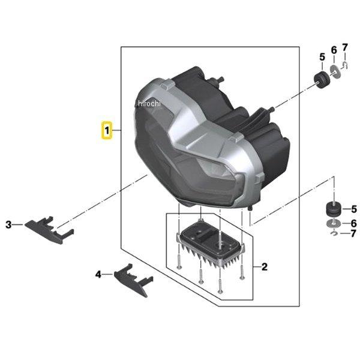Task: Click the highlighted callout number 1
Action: (x=107, y=131)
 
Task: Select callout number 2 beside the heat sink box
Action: (x=264, y=267)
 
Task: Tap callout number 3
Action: (x=8, y=224)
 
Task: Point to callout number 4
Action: (x=98, y=274)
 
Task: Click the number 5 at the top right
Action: (x=322, y=57)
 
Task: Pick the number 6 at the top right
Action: (x=334, y=50)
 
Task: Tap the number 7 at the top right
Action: (x=345, y=47)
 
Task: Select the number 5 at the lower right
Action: (x=354, y=209)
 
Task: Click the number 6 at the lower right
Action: (x=354, y=223)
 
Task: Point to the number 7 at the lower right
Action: (x=353, y=234)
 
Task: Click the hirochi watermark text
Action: (x=149, y=104)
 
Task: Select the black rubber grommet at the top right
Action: (x=322, y=80)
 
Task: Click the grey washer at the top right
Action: (x=335, y=71)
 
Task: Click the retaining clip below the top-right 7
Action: (x=345, y=65)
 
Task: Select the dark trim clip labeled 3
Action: (x=49, y=230)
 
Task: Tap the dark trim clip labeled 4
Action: (x=134, y=280)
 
